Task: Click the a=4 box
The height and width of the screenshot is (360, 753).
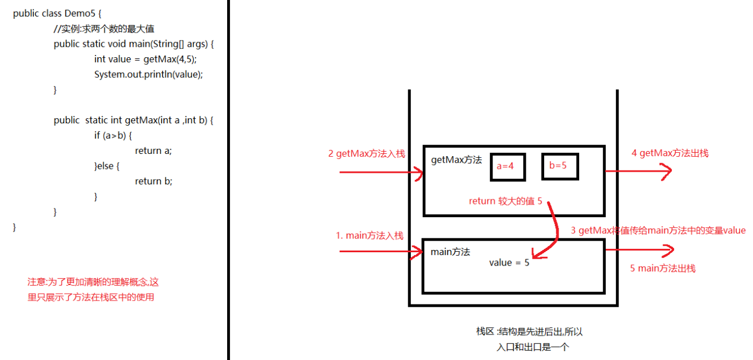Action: coord(508,166)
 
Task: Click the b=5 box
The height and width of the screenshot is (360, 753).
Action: coord(559,165)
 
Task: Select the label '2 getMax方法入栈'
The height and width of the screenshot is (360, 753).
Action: coord(367,154)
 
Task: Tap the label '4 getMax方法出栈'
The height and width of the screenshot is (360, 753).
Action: coord(670,153)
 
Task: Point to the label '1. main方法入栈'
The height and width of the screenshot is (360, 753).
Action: coord(369,235)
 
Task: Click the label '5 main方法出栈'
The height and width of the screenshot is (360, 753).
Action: coord(662,268)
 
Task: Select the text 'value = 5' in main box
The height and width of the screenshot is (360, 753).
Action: coord(509,263)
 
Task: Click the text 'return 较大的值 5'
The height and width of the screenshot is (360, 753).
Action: coord(505,201)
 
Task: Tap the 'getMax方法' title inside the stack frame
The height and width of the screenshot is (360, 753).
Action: coord(456,160)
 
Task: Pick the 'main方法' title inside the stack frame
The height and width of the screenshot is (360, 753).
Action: coord(450,252)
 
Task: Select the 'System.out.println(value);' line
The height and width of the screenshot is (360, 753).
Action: coord(149,74)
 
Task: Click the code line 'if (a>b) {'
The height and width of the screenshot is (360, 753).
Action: coord(113,135)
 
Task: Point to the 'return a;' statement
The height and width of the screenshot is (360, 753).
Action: coord(153,150)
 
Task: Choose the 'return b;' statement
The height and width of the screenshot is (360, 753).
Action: coord(153,181)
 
